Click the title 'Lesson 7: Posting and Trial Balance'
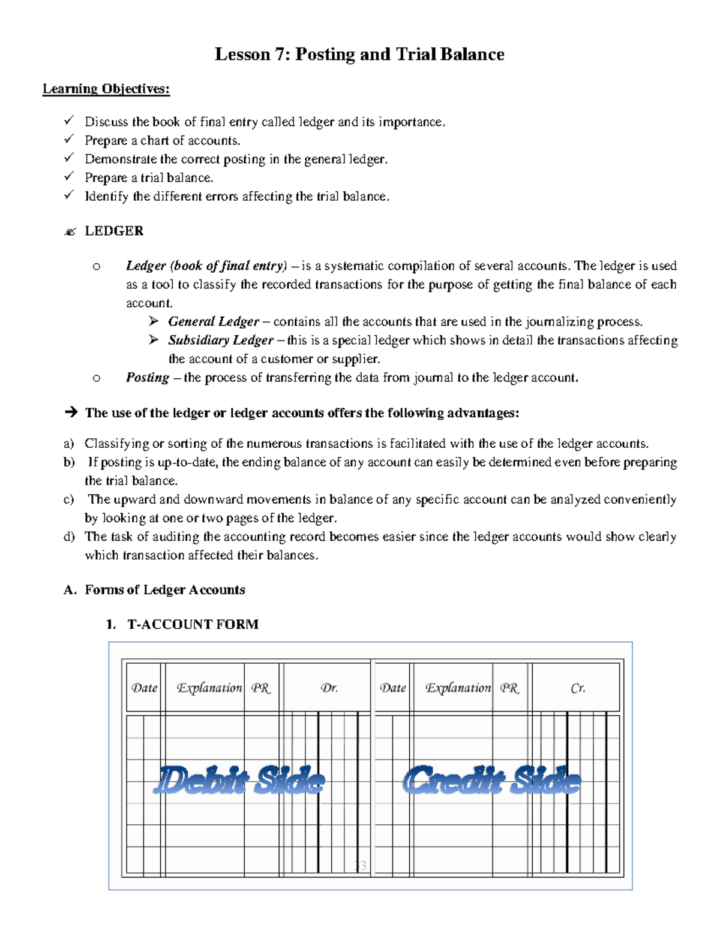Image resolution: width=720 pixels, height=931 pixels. point(359,55)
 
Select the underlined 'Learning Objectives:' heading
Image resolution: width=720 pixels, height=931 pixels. point(106,89)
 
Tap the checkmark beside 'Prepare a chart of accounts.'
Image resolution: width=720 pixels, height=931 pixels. point(69,140)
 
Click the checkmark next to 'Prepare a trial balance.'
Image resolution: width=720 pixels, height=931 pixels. point(69,177)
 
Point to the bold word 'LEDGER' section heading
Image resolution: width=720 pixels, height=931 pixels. point(114,231)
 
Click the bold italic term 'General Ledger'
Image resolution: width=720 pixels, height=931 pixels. point(214,322)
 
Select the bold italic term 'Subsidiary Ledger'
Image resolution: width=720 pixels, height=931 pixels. point(221,341)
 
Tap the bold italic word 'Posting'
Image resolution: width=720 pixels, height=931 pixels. point(147,378)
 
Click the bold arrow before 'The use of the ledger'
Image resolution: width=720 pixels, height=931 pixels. point(71,412)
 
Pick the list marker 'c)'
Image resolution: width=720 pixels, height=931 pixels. point(68,499)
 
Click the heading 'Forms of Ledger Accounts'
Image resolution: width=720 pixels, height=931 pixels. point(165,590)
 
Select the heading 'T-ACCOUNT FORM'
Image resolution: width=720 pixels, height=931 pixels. point(193,625)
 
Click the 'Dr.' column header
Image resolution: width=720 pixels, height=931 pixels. point(329,688)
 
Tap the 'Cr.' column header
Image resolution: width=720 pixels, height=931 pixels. point(577,688)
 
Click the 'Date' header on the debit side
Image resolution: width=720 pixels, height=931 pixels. point(144,688)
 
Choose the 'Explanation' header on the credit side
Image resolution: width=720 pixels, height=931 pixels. point(458,688)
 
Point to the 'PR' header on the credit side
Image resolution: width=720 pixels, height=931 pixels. point(509,688)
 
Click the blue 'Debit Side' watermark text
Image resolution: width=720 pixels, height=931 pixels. point(239,781)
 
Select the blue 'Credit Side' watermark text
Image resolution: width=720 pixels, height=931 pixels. point(492,781)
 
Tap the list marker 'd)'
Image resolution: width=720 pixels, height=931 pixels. point(68,537)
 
